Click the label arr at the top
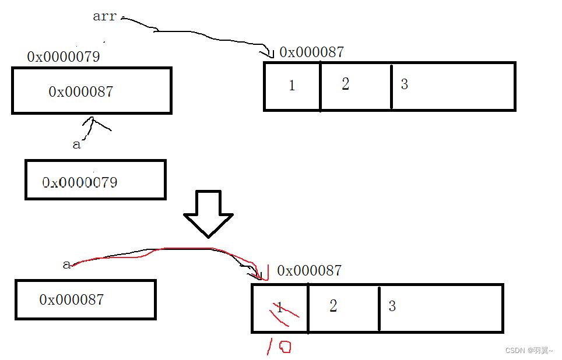point(105,16)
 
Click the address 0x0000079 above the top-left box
point(64,57)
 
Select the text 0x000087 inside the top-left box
point(80,91)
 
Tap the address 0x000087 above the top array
point(312,52)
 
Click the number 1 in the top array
point(291,86)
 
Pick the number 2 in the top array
point(345,84)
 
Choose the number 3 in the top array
point(404,84)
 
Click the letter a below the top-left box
point(76,144)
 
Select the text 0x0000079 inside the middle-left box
point(80,182)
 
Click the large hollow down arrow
point(208,213)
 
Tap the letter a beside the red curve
point(66,265)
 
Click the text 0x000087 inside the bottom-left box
point(71,299)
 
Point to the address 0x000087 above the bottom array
point(310,270)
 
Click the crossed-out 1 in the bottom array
point(280,308)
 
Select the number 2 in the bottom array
point(333,306)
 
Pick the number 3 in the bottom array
point(392,306)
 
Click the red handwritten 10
point(279,347)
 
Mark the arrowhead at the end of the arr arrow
point(269,54)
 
